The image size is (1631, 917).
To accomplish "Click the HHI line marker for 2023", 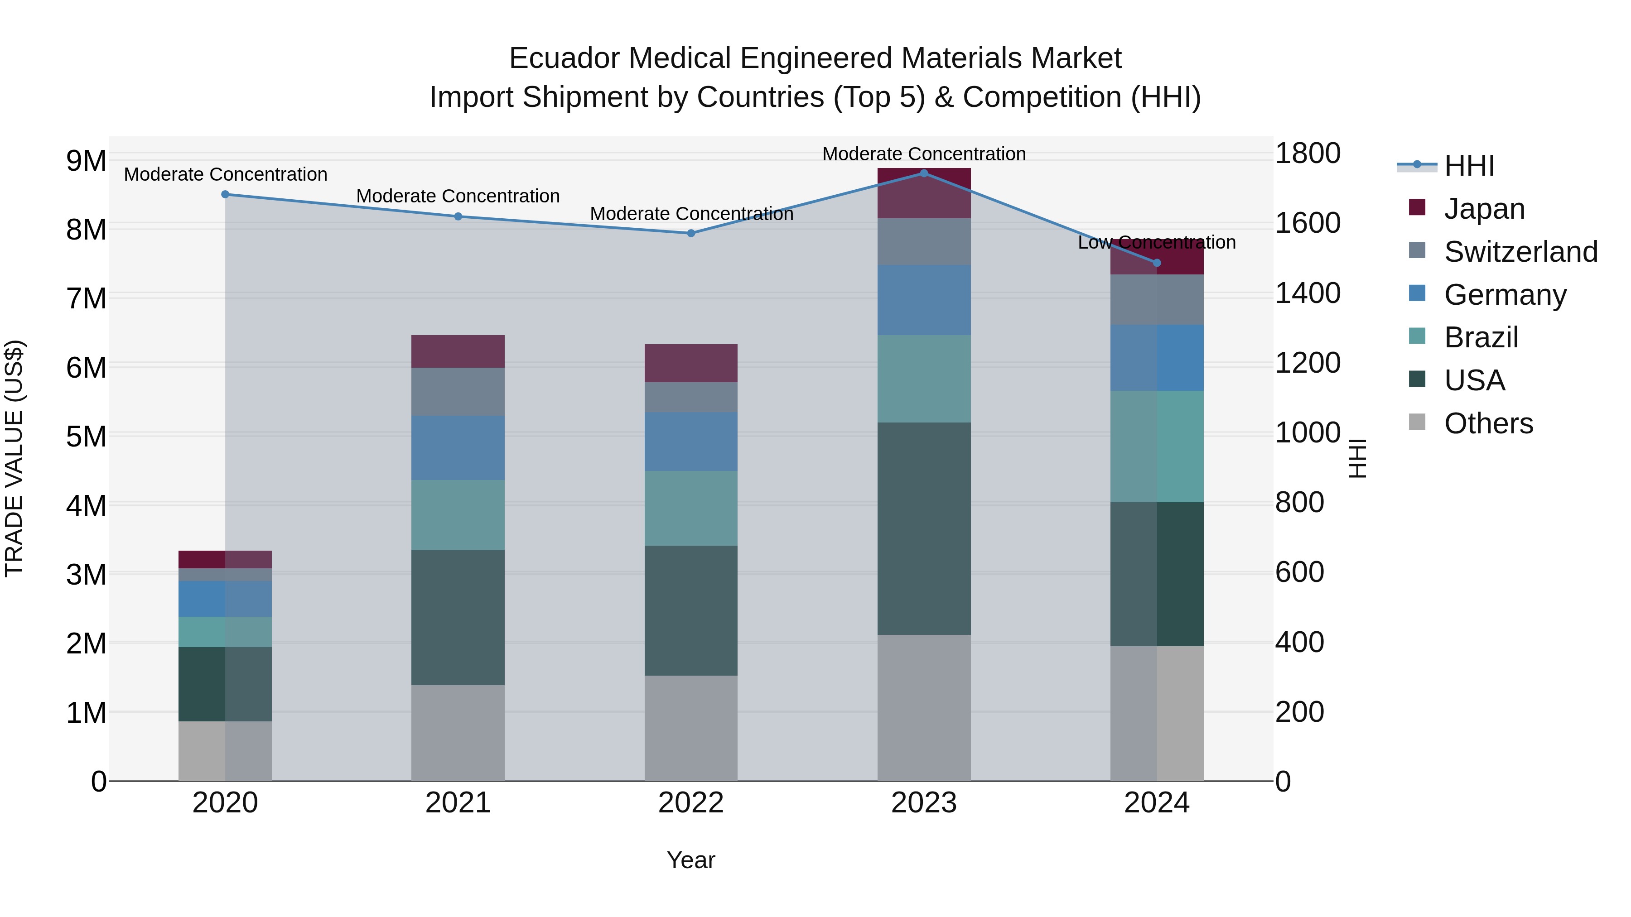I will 924,173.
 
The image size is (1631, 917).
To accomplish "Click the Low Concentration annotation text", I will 1156,242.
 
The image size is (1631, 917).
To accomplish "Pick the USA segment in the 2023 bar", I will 924,528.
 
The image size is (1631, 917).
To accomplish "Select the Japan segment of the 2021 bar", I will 458,351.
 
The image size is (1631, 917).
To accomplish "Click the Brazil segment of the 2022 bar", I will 691,508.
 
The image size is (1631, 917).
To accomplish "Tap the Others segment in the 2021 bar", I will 458,732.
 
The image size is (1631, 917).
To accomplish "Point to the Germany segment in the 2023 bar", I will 924,299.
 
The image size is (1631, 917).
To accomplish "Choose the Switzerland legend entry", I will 1520,252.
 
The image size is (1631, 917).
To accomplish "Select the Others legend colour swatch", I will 1417,422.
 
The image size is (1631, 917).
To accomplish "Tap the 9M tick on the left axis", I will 86,161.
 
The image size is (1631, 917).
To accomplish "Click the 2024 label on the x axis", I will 1156,803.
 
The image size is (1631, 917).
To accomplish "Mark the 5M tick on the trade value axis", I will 86,436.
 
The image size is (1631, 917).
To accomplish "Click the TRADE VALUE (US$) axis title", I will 14,458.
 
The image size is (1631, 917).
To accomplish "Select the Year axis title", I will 691,860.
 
